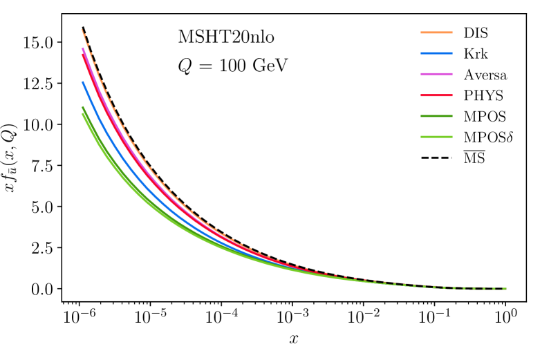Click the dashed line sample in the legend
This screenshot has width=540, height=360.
pyautogui.click(x=434, y=158)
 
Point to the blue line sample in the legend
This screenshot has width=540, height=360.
pyautogui.click(x=434, y=53)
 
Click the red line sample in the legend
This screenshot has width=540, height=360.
pyautogui.click(x=434, y=95)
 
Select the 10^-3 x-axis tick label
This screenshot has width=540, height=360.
pyautogui.click(x=292, y=317)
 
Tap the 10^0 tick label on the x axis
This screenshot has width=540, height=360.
pyautogui.click(x=505, y=317)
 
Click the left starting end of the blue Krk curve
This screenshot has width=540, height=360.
pyautogui.click(x=83, y=82)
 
